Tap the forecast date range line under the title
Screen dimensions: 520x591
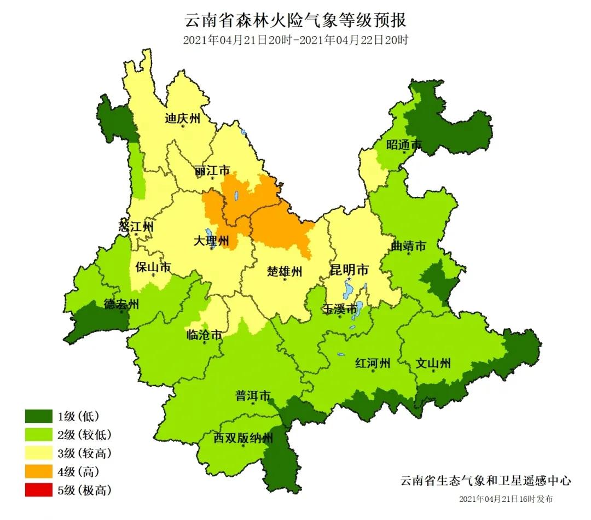(x=296, y=40)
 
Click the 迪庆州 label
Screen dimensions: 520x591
(x=183, y=119)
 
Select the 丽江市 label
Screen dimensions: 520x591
(x=212, y=171)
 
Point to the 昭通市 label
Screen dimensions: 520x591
(x=404, y=145)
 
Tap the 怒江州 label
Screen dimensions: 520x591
(x=136, y=226)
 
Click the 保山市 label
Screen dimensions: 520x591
(x=153, y=267)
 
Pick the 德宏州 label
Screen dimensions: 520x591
(x=121, y=305)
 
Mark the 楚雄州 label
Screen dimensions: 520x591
(x=285, y=271)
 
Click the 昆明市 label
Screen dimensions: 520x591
(x=349, y=270)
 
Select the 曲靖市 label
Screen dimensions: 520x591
(x=408, y=247)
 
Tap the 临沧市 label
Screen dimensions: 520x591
(x=204, y=335)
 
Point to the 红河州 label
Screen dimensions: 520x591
(x=372, y=363)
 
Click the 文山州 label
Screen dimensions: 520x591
(x=433, y=363)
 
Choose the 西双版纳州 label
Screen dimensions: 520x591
(x=243, y=438)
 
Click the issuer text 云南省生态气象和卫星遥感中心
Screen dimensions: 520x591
(x=485, y=481)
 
